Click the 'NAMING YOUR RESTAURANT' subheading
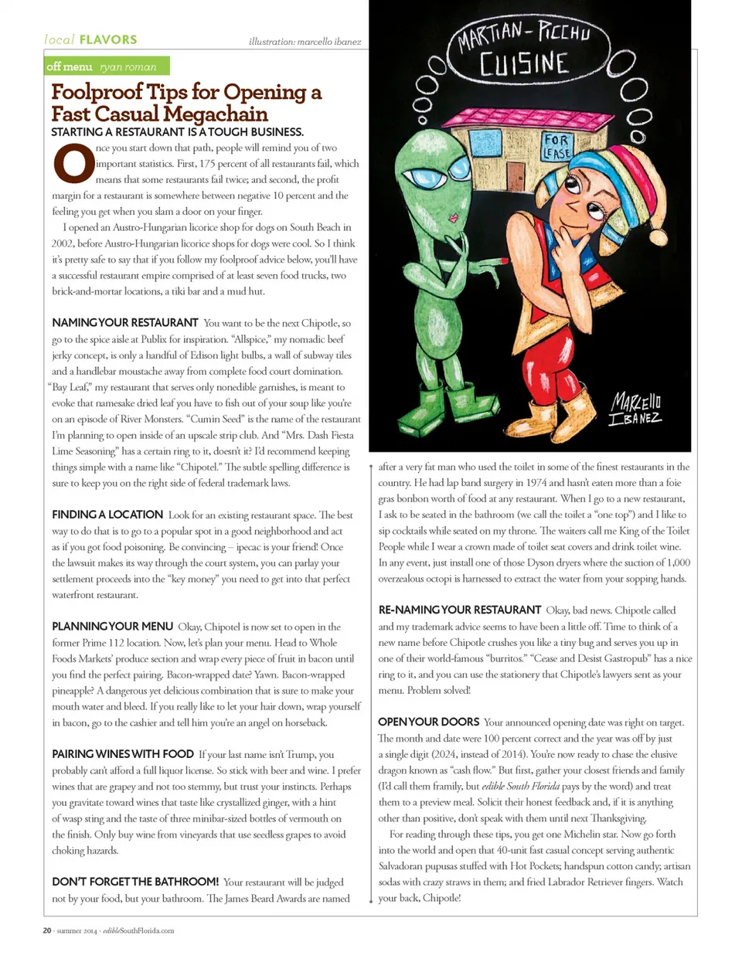(x=125, y=323)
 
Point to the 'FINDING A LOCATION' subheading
(x=107, y=515)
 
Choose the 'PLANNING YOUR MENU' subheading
(x=112, y=627)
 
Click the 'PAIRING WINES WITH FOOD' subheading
(x=123, y=754)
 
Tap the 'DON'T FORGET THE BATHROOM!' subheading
(x=135, y=882)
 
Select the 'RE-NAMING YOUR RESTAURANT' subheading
(x=459, y=610)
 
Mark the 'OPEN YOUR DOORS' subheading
(x=428, y=722)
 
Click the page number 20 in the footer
(x=47, y=930)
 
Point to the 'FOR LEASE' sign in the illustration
(x=556, y=146)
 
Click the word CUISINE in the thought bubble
(x=524, y=64)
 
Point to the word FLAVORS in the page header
(x=108, y=39)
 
